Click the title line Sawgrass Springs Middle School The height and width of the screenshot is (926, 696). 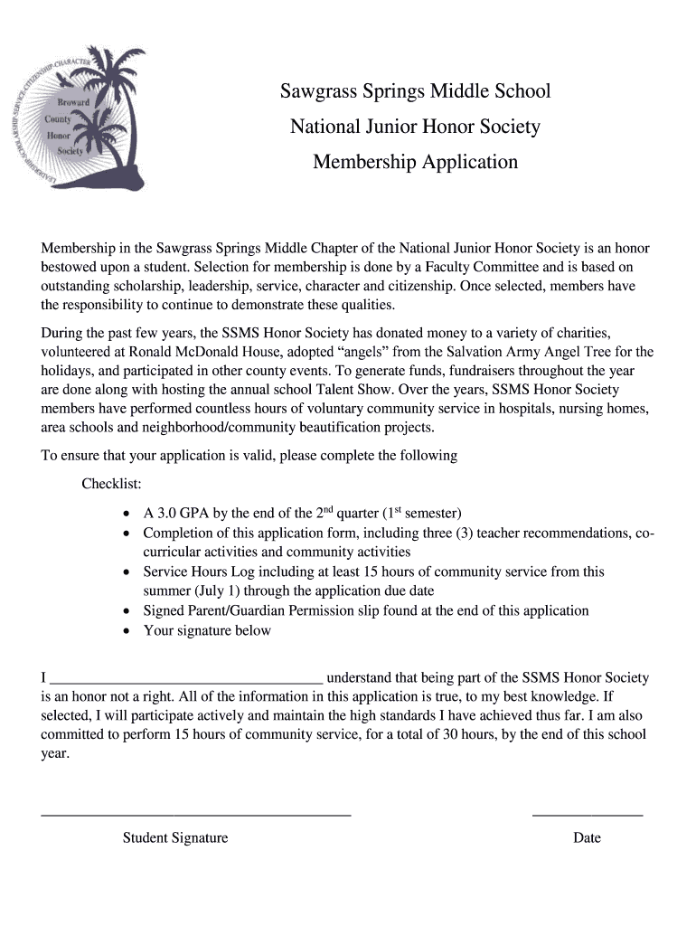point(415,91)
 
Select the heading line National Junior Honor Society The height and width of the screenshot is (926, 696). point(415,127)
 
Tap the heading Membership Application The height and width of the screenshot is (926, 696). point(415,162)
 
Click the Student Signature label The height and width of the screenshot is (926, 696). point(175,837)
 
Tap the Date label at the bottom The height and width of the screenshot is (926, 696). point(587,837)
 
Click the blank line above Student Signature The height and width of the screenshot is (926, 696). point(196,815)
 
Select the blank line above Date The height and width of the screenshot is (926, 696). point(588,815)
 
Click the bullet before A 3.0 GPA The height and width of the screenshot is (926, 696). point(127,514)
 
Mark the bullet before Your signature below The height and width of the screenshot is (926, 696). point(127,631)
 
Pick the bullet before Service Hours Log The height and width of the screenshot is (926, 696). point(127,572)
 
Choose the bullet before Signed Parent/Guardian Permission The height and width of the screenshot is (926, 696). point(127,611)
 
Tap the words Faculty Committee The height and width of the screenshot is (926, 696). point(480,267)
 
